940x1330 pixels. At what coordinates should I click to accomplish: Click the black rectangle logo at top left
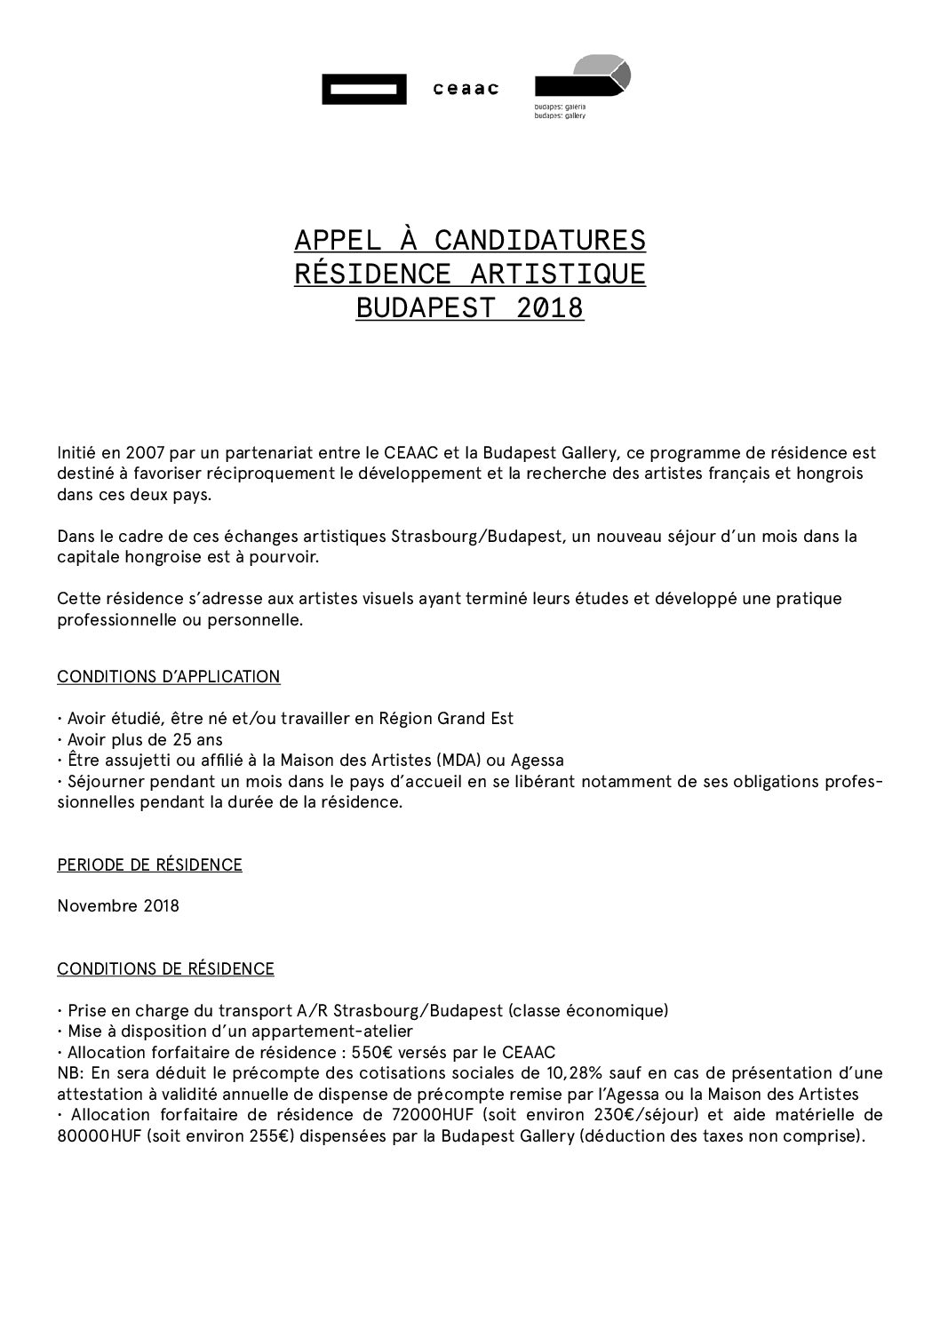pyautogui.click(x=364, y=89)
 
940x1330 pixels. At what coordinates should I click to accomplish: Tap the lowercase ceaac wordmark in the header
pyautogui.click(x=466, y=89)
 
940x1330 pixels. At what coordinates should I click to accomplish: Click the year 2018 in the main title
pyautogui.click(x=551, y=307)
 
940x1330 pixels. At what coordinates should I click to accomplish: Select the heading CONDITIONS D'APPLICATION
pyautogui.click(x=169, y=677)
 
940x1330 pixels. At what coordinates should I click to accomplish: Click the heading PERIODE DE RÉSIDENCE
pyautogui.click(x=149, y=864)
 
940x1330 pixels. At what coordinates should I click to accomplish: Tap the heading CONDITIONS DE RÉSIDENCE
pyautogui.click(x=165, y=968)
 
